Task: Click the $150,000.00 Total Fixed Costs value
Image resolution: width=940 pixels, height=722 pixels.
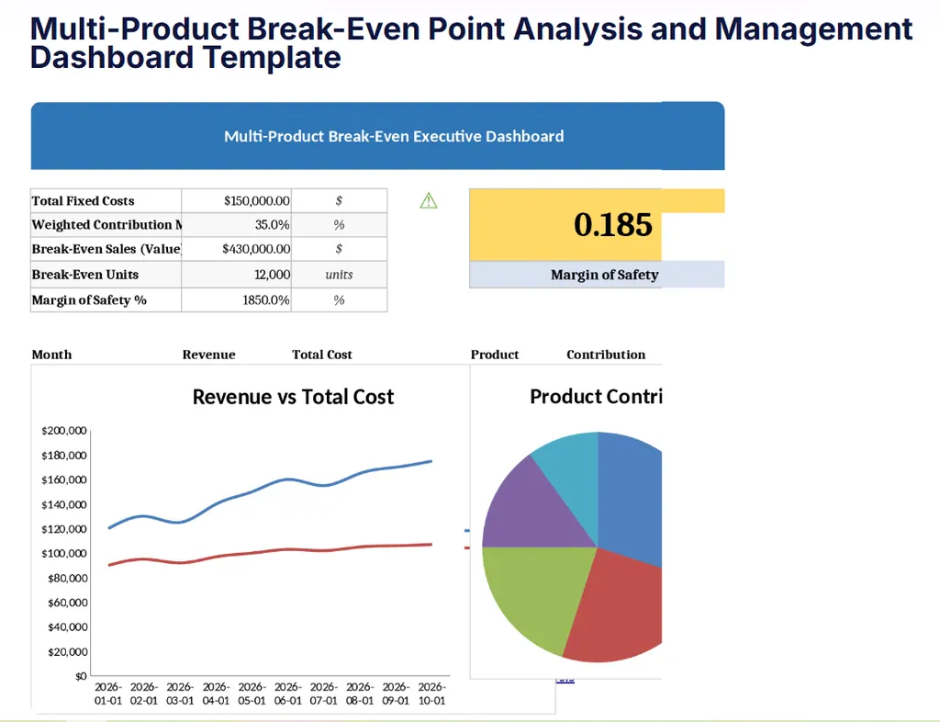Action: (256, 201)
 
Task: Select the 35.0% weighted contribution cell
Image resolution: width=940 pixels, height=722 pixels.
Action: (272, 225)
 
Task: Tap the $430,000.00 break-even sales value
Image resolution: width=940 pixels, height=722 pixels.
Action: (256, 249)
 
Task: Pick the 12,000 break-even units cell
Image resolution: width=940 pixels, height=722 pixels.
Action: (274, 275)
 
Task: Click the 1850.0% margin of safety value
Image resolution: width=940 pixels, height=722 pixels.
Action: (267, 300)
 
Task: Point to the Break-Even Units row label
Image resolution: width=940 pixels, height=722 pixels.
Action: (84, 275)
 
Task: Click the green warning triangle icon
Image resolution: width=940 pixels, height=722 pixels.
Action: (428, 200)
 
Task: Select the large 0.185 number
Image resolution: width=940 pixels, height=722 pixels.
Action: (612, 225)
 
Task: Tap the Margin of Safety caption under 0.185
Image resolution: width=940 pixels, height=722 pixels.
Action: (604, 275)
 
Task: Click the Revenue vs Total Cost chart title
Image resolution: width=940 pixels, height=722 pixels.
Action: (293, 397)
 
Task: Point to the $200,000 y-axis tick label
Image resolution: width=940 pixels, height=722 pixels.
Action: (64, 431)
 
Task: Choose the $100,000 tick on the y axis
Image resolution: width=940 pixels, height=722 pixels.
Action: (64, 553)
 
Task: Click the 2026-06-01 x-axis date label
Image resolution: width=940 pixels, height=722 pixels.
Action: (287, 694)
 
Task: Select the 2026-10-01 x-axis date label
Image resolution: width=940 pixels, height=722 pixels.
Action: (431, 694)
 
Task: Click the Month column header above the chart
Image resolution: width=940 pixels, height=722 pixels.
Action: (51, 355)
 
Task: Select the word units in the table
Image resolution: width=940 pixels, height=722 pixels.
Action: (339, 275)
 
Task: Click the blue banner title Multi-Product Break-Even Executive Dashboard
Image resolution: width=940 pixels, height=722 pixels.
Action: (394, 137)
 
